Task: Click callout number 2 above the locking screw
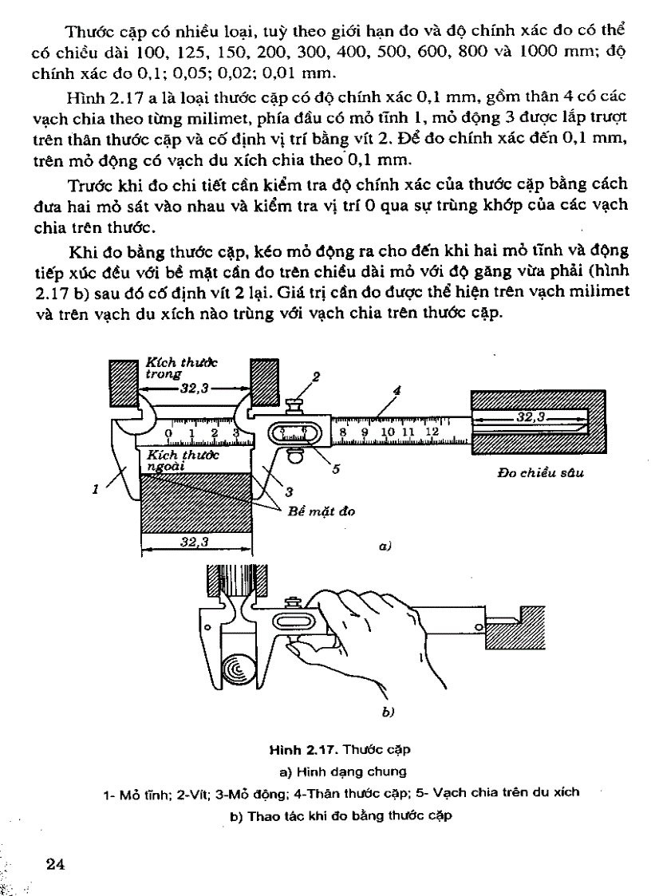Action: click(315, 375)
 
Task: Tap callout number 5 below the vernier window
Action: click(336, 469)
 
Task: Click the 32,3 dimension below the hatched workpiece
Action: click(194, 542)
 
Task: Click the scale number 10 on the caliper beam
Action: click(389, 432)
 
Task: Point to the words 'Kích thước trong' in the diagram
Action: click(181, 368)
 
